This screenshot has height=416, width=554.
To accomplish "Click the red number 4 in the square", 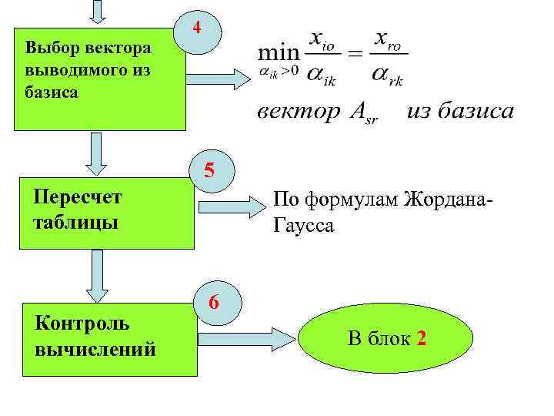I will tap(198, 29).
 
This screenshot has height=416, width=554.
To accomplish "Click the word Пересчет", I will tap(78, 197).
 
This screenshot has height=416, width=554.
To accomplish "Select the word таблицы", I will tap(75, 223).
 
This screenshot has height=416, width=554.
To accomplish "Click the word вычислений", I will tap(95, 349).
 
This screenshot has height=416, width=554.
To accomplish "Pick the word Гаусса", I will tap(302, 226).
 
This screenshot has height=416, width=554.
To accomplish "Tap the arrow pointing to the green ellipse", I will tap(247, 337).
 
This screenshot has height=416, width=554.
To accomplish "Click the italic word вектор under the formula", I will tap(297, 112).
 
